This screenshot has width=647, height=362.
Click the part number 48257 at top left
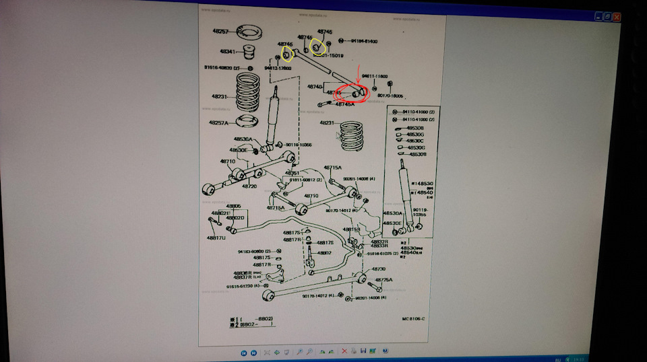[x=222, y=32]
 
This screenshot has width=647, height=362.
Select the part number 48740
[x=315, y=87]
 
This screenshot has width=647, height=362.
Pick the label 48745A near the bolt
[x=344, y=104]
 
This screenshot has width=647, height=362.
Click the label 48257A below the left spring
[x=217, y=123]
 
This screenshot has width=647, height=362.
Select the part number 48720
[x=250, y=185]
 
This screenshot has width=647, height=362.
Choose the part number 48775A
[x=383, y=280]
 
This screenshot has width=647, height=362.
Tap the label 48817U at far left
[x=216, y=238]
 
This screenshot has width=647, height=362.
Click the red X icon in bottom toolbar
[x=344, y=351]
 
